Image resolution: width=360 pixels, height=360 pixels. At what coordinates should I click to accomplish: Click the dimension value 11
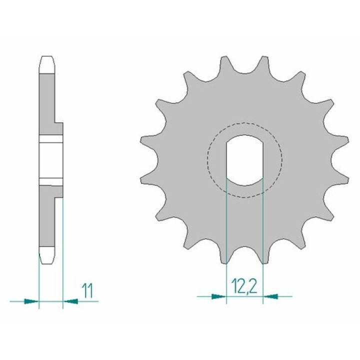pyautogui.click(x=87, y=290)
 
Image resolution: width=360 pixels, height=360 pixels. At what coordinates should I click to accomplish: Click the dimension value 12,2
pyautogui.click(x=244, y=286)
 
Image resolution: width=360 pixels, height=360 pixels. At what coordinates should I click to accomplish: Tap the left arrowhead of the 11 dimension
pyautogui.click(x=31, y=301)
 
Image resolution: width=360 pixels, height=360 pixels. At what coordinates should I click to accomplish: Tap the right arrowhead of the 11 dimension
pyautogui.click(x=70, y=301)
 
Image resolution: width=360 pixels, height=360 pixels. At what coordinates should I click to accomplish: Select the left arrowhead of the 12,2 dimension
pyautogui.click(x=218, y=296)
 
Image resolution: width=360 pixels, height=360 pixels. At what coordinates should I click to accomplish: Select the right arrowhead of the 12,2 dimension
pyautogui.click(x=270, y=296)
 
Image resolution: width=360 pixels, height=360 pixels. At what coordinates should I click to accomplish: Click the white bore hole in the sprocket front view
pyautogui.click(x=244, y=160)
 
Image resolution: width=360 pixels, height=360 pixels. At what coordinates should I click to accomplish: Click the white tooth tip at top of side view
pyautogui.click(x=47, y=64)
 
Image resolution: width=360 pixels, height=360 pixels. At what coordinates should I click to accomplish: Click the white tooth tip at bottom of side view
pyautogui.click(x=47, y=255)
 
